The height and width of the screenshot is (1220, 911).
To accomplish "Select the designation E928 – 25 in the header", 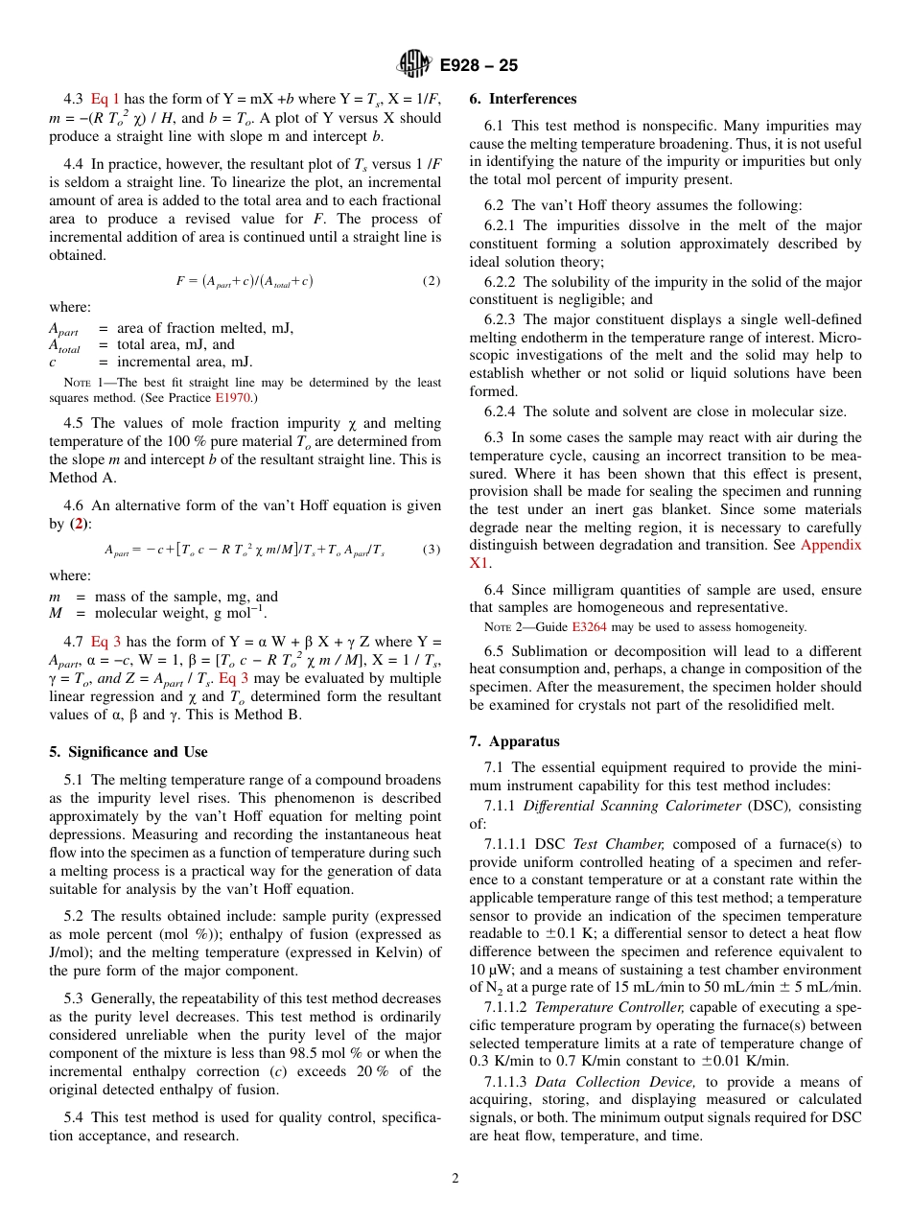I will pos(479,66).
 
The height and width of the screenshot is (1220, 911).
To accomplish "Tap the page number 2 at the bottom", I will pos(455,1179).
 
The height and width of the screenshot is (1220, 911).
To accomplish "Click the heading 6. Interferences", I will pos(523,99).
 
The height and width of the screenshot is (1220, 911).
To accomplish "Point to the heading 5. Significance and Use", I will pos(128,752).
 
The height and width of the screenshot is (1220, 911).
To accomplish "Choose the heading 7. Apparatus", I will pos(514,741).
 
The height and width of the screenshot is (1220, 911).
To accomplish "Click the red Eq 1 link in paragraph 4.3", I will pos(105,99).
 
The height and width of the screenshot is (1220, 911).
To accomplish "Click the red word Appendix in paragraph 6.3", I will pos(830,545).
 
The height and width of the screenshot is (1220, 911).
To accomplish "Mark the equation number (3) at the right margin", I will pos(432,550).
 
